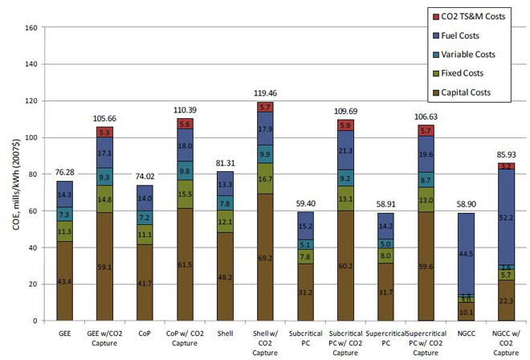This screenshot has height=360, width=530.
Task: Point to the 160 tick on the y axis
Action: [x=32, y=28]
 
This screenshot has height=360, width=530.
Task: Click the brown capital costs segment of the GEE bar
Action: [x=64, y=280]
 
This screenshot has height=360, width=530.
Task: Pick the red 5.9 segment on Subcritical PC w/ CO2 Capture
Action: [x=346, y=125]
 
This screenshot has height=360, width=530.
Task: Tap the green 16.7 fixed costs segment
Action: [x=265, y=179]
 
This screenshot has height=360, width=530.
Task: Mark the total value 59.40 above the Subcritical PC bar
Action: [x=306, y=205]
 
